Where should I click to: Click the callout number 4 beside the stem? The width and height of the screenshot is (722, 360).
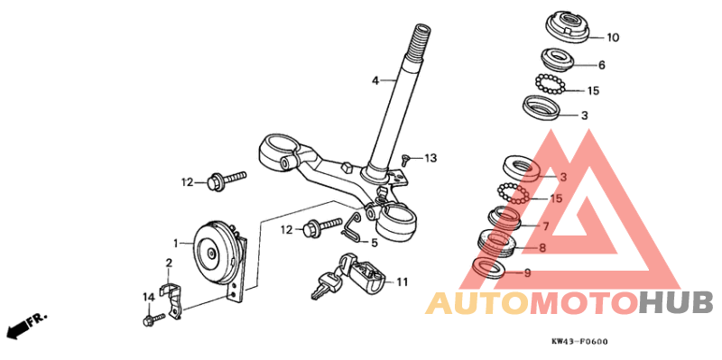(x=375, y=81)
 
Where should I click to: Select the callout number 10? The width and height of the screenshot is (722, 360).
(x=613, y=38)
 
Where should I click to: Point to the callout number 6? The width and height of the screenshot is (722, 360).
(x=601, y=65)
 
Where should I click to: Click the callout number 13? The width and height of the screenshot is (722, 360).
(x=430, y=159)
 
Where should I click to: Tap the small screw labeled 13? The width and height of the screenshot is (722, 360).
(x=407, y=161)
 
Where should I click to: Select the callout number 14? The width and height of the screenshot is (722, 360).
(x=148, y=297)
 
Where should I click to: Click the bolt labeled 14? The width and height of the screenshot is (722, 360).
(x=153, y=318)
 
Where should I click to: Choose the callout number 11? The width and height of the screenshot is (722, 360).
(x=402, y=282)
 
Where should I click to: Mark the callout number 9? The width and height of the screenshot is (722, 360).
(x=528, y=272)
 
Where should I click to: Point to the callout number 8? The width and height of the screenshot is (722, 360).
(x=541, y=247)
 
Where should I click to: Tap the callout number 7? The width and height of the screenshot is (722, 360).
(x=544, y=226)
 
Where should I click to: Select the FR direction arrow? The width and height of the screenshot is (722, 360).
(x=24, y=326)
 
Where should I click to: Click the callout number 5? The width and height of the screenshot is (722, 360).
(x=374, y=243)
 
